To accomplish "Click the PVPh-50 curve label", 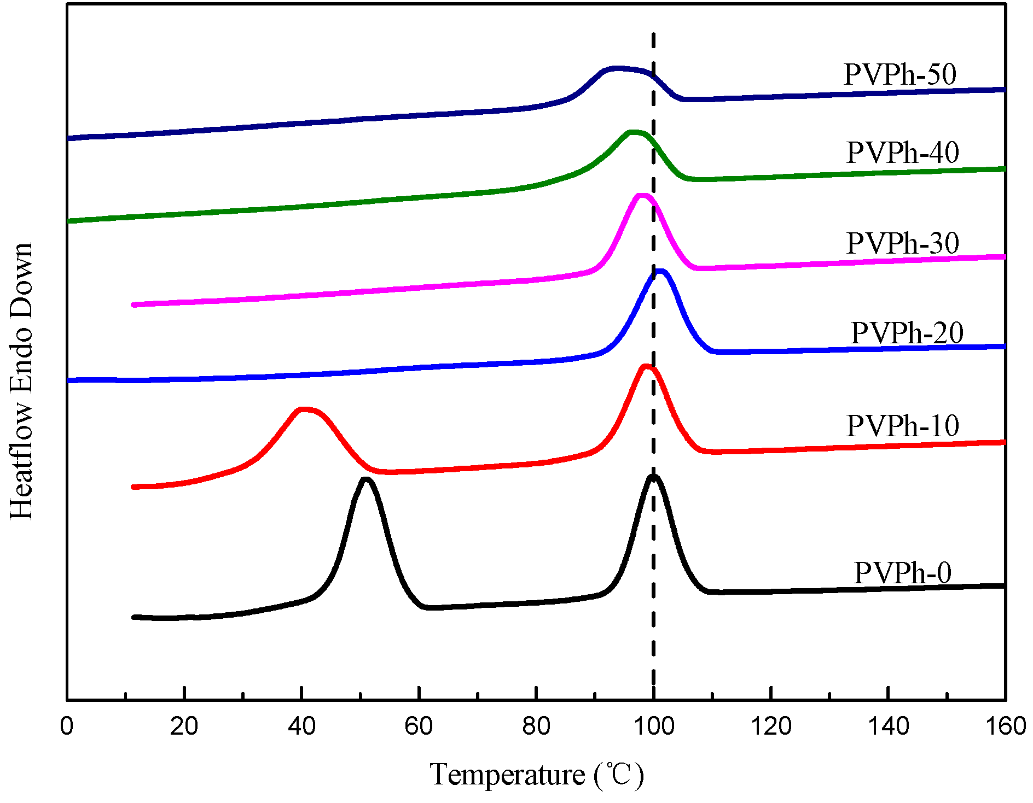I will click(x=900, y=74).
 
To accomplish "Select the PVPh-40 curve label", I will click(x=903, y=153).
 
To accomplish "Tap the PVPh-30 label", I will click(x=903, y=243).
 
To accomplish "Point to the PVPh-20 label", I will click(x=907, y=333).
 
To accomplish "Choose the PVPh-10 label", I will click(x=903, y=426).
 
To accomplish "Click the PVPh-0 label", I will click(x=903, y=573).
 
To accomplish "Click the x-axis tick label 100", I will click(x=653, y=726).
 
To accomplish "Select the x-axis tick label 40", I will click(x=301, y=726).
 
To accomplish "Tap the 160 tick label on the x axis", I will click(x=1005, y=726).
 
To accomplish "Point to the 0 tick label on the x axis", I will click(x=67, y=726).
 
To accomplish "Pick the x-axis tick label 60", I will click(x=419, y=726).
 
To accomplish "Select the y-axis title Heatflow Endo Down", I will click(x=22, y=381).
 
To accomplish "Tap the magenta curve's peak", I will click(x=642, y=196).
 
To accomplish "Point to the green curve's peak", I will click(x=634, y=132).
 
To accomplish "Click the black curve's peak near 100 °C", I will click(x=653, y=477).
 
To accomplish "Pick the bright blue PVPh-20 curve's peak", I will click(x=660, y=272).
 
